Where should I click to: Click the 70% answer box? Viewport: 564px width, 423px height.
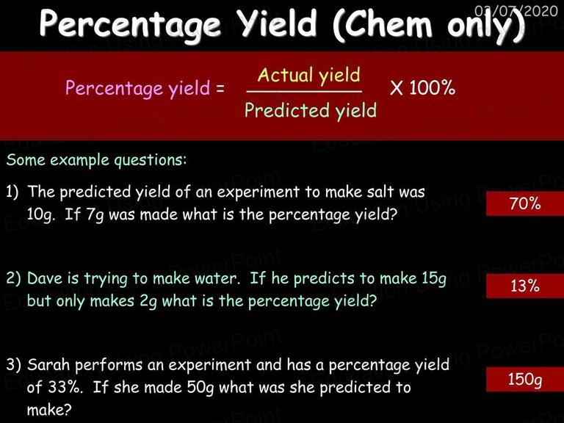click(x=525, y=203)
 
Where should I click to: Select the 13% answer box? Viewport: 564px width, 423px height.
click(x=525, y=286)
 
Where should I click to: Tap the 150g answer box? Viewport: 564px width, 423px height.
click(x=525, y=380)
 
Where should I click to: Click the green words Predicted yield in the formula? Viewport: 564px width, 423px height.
click(x=311, y=111)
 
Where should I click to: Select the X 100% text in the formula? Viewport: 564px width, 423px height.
click(x=422, y=87)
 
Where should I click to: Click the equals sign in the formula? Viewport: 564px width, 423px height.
click(x=220, y=88)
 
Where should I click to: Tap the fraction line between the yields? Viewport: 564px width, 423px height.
click(x=304, y=92)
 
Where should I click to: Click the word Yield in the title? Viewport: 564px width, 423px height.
click(x=278, y=23)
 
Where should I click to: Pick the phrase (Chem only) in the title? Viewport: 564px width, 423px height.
click(x=428, y=25)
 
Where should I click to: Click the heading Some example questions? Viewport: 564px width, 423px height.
click(x=97, y=160)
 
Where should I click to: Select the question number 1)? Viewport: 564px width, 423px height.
click(x=12, y=192)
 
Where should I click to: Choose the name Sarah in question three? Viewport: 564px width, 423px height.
click(x=48, y=365)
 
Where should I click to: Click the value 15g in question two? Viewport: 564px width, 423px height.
click(x=434, y=279)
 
